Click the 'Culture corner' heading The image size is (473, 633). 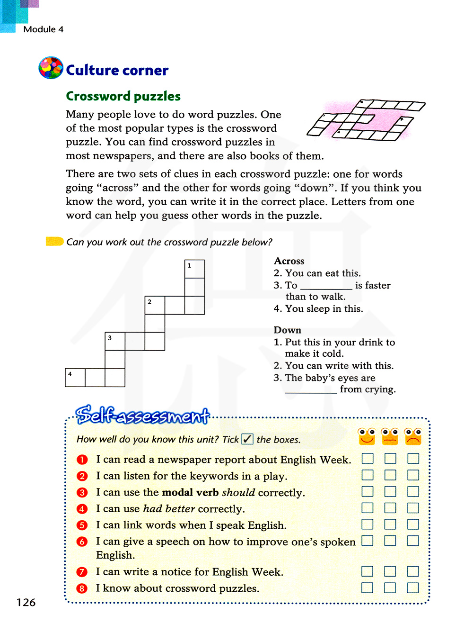117,70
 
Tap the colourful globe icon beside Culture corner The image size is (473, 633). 51,68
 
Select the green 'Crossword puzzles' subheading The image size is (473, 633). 123,96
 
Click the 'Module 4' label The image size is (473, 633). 43,29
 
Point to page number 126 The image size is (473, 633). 26,602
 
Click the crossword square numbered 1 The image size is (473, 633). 194,269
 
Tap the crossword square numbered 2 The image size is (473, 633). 155,305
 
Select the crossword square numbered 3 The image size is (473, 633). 115,341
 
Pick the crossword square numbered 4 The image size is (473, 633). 75,378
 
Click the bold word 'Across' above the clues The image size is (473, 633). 289,261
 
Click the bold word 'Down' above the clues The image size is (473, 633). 287,330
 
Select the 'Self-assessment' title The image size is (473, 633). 142,415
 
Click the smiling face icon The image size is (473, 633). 367,436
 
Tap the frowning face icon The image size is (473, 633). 413,436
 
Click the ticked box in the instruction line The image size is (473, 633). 247,439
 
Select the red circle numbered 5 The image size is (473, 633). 82,525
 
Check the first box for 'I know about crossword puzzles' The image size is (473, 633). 367,588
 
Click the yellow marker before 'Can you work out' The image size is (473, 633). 54,242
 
